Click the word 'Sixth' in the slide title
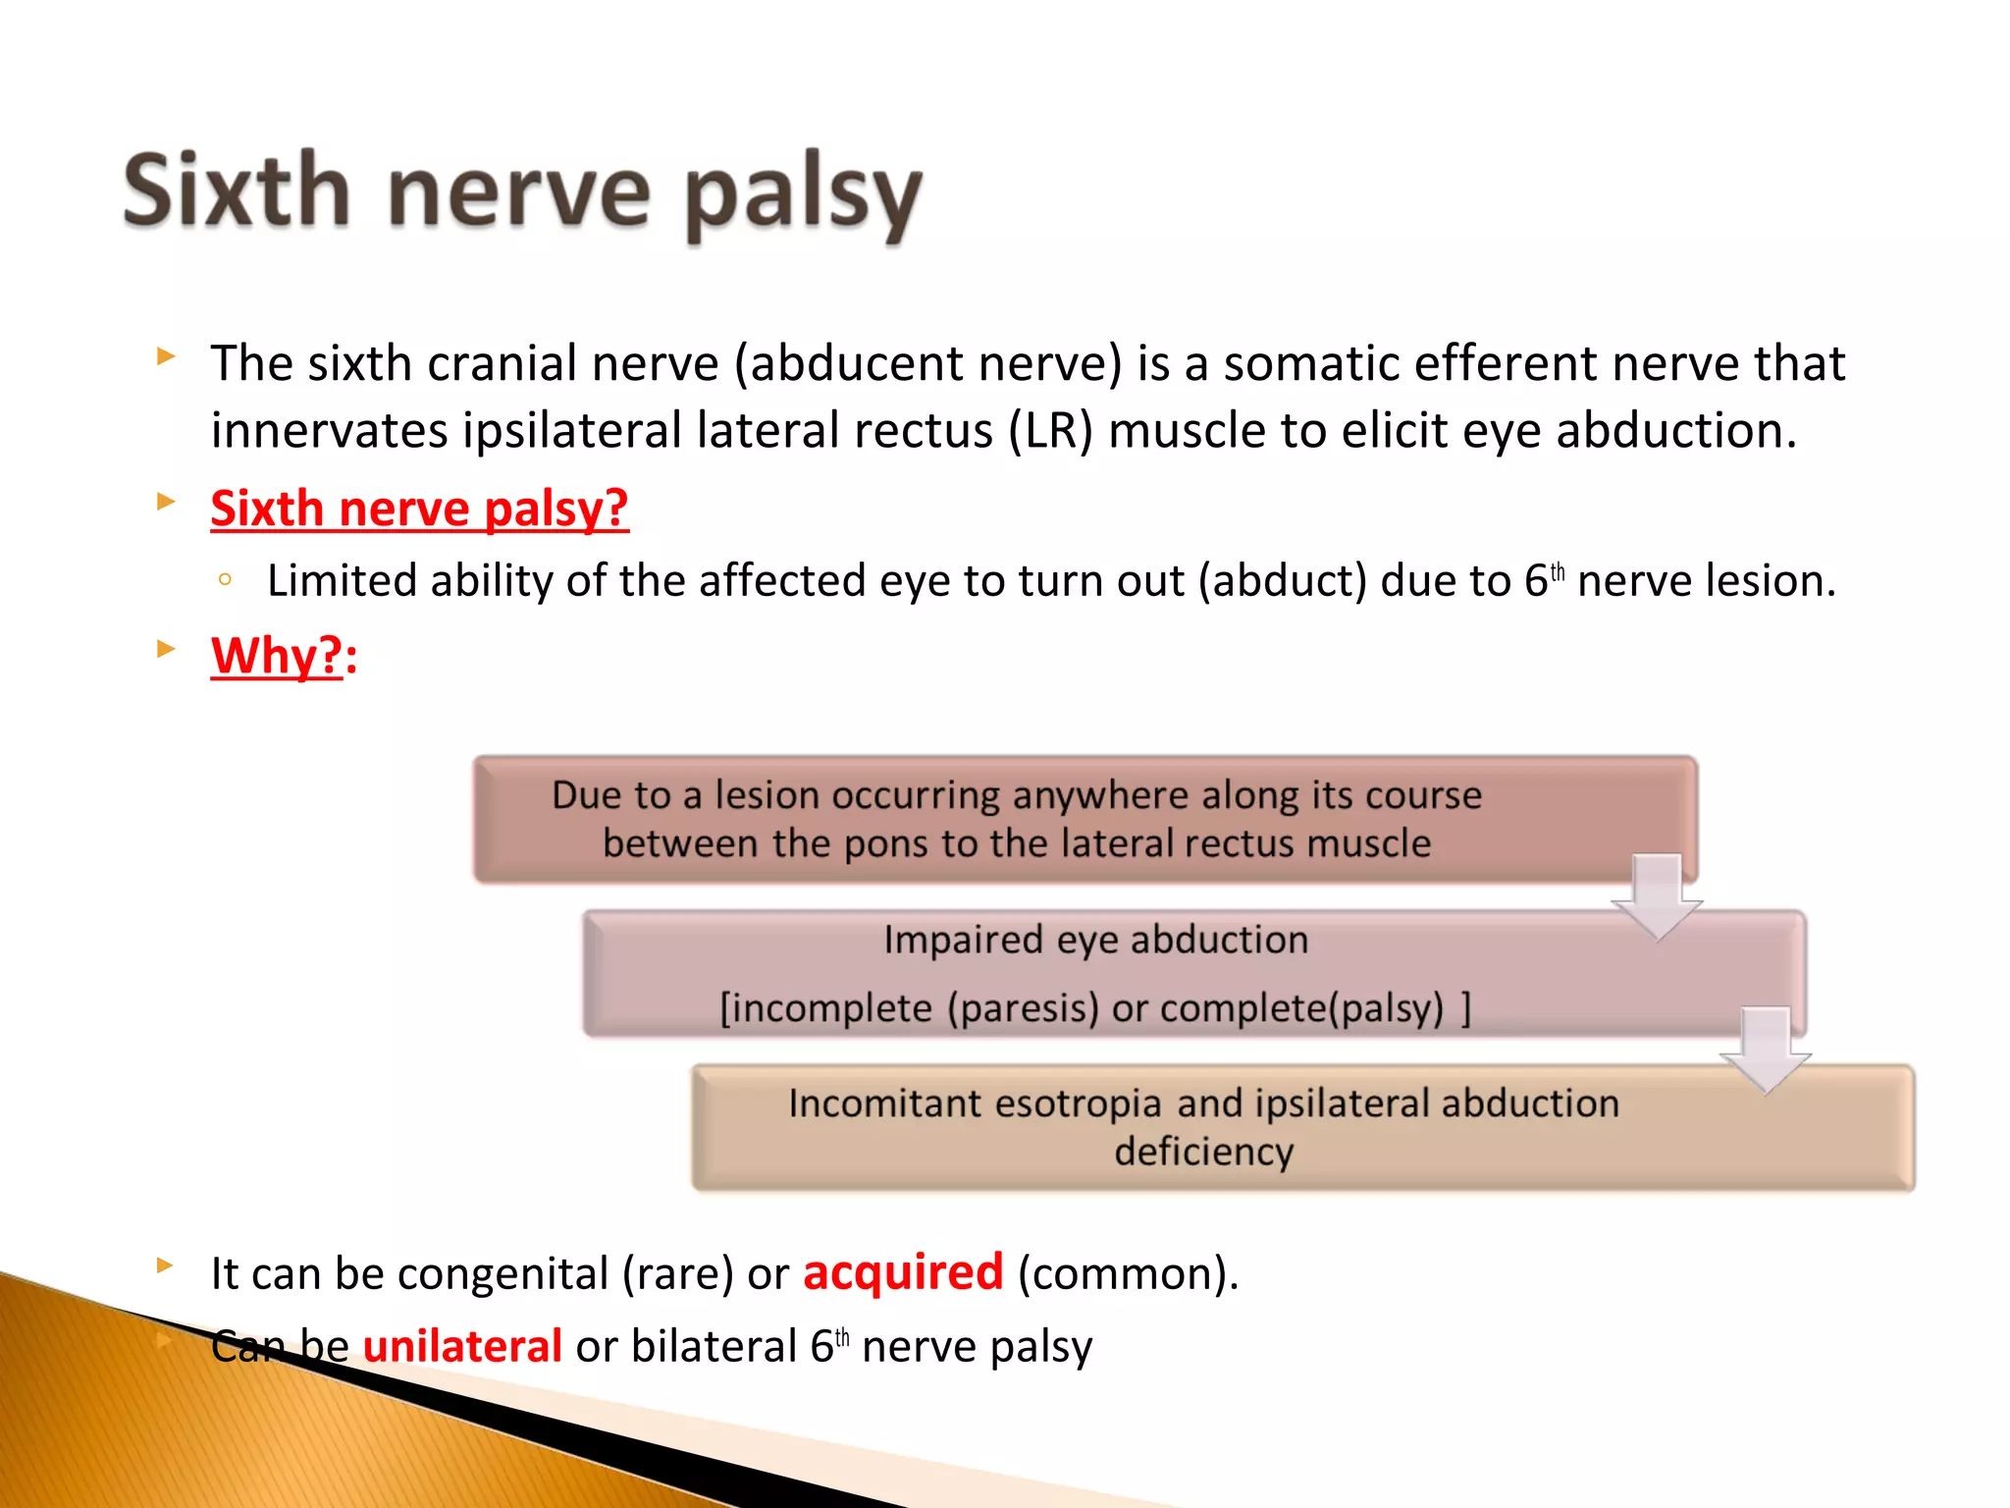click(236, 191)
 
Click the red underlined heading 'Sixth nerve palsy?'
click(419, 509)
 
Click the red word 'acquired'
click(903, 1272)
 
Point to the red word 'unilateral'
click(462, 1346)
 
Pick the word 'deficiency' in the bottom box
click(1204, 1152)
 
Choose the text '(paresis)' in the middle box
click(1023, 1008)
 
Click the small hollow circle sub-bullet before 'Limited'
click(226, 580)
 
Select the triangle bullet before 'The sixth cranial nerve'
click(166, 356)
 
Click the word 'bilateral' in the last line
click(714, 1346)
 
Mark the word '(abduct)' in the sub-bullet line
click(1282, 580)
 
